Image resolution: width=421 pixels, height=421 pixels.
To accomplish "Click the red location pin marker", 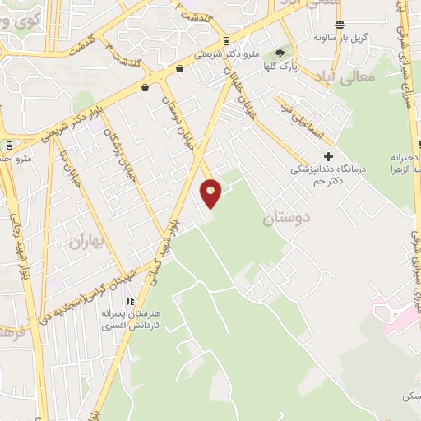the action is pos(211,193).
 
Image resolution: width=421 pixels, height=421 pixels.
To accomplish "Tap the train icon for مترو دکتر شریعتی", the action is pos(226,41).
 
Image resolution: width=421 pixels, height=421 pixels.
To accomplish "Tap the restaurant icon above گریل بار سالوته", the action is pos(340,25).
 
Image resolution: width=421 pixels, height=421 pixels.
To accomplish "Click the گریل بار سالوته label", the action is pos(339,38).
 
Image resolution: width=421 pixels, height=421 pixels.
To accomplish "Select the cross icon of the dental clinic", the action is pos(329,155).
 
